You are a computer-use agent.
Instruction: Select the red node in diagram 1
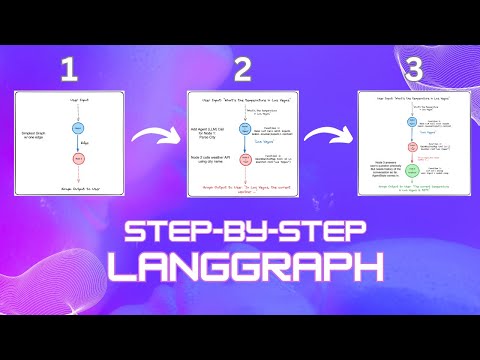tap(77, 157)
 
